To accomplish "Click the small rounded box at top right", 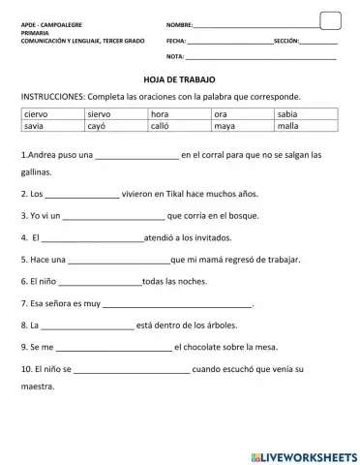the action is (x=330, y=20).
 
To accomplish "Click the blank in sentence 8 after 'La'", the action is (x=88, y=326).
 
